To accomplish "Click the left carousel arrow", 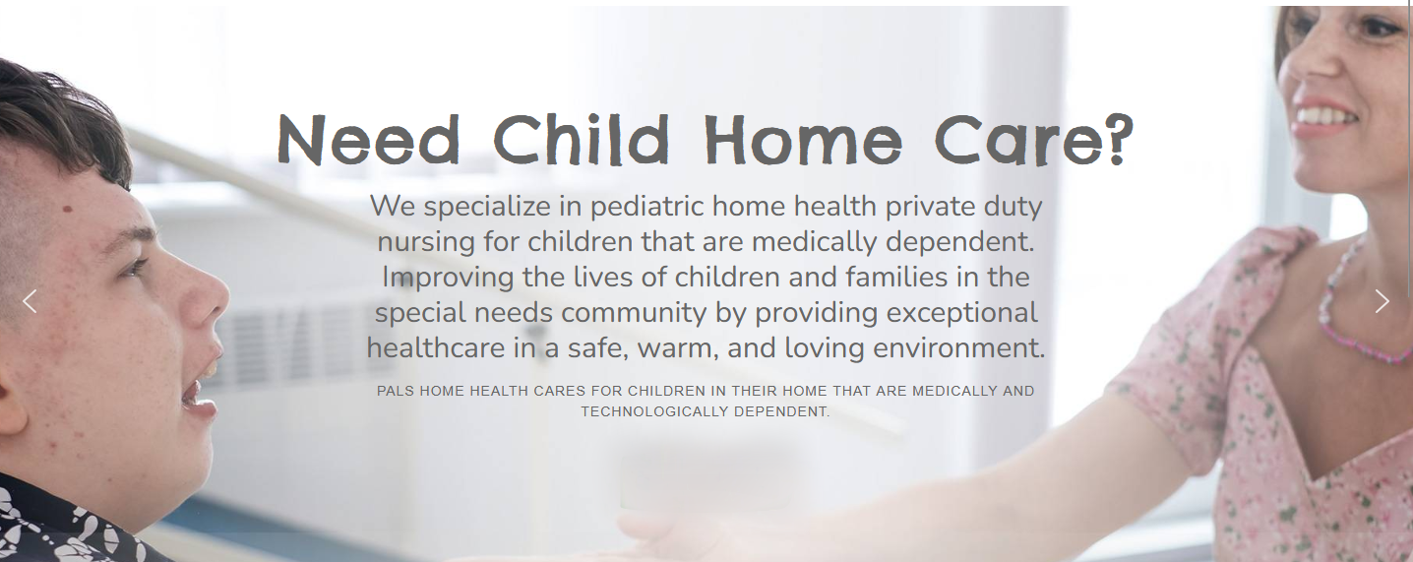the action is (30, 301).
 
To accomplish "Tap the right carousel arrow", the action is (1382, 301).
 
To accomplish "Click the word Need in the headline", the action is (369, 140).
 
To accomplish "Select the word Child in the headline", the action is (581, 139).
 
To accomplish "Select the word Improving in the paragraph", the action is (448, 279).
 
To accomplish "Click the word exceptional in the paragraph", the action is (958, 314).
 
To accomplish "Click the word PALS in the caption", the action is (396, 391).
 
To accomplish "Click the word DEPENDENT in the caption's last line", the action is (782, 411).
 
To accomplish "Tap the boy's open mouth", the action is (197, 391).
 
